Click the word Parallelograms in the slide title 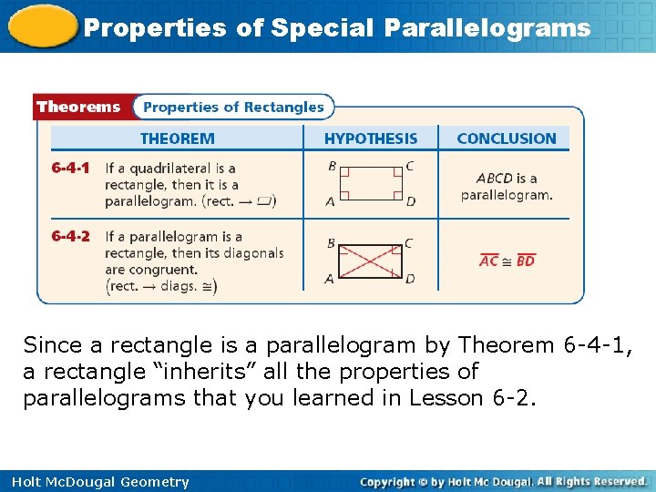point(487,28)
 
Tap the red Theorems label point(78,107)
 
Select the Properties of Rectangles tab point(233,108)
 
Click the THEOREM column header point(177,138)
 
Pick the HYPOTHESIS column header point(371,138)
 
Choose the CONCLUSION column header point(506,138)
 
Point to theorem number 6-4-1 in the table point(70,169)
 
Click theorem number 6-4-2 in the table point(70,237)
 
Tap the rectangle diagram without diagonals point(370,183)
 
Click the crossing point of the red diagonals point(370,261)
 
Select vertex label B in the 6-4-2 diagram point(331,243)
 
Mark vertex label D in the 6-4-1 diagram point(411,201)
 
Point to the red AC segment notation point(489,261)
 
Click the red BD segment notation point(525,261)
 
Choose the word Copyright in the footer point(394,482)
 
